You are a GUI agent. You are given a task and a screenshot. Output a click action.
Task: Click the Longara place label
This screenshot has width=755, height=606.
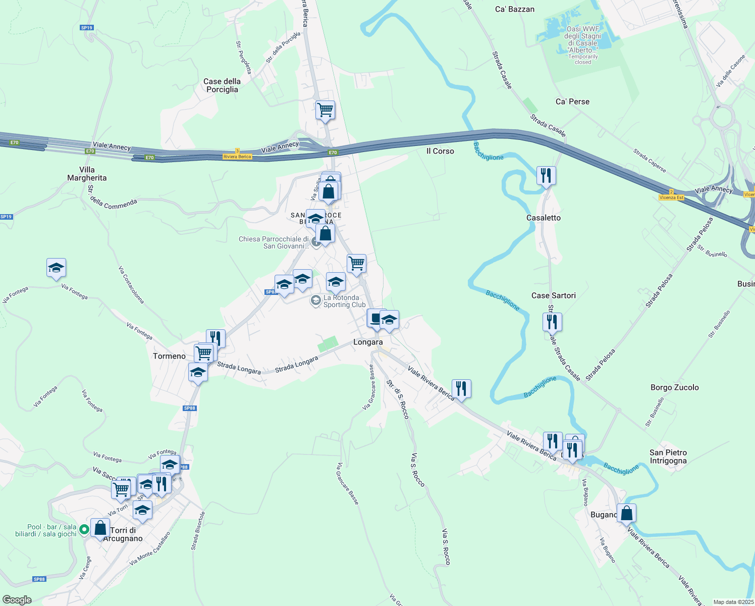point(368,342)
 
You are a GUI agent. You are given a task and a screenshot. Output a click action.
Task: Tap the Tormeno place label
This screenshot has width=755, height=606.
point(169,357)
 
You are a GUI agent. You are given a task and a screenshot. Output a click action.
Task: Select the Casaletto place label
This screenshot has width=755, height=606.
point(544,218)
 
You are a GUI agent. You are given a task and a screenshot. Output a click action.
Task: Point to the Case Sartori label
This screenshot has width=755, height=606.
point(553,296)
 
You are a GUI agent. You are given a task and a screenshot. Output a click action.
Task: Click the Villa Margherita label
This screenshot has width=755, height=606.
point(87,174)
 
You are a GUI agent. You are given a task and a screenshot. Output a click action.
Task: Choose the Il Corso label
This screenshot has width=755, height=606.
point(440,151)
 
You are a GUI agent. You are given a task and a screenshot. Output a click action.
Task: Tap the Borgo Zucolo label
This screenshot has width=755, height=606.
point(674,388)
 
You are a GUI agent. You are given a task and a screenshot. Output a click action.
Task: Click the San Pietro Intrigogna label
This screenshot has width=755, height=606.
point(668,457)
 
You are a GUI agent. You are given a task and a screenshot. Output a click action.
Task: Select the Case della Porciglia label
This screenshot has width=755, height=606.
point(222,85)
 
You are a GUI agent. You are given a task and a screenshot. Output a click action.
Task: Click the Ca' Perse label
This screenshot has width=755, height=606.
point(572,102)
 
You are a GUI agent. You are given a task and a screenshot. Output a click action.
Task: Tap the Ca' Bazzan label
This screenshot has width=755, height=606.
point(514,10)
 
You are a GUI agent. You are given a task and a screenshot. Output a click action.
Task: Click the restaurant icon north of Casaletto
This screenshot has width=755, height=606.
point(546,176)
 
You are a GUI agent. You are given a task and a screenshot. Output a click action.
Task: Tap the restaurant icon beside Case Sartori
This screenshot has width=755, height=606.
point(552,321)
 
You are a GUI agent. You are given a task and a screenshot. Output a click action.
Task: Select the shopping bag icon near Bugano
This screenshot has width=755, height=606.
point(626,513)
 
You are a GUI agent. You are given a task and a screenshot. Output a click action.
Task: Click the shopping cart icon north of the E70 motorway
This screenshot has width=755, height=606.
point(326,110)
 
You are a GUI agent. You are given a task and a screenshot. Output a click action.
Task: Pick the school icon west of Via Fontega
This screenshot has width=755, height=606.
point(56,268)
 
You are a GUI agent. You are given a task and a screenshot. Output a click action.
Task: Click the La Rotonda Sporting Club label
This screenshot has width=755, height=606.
point(344,301)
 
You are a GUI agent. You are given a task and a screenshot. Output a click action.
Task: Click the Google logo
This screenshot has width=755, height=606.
point(17,600)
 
